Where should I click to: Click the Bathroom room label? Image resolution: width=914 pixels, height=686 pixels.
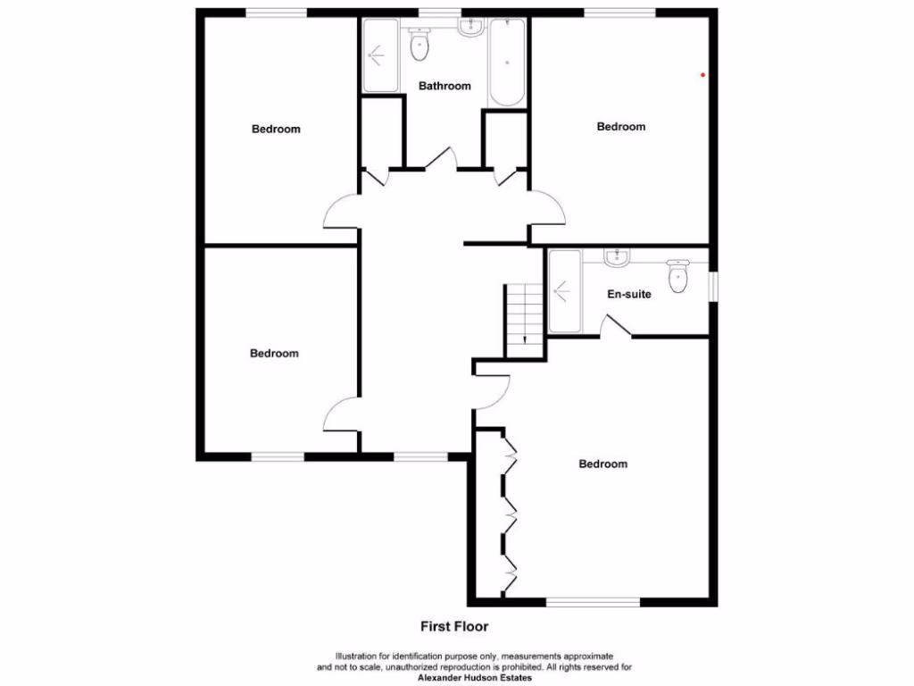point(445,86)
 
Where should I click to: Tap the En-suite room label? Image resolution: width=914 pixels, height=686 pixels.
point(629,294)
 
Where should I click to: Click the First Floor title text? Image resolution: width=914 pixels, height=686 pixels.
point(454,626)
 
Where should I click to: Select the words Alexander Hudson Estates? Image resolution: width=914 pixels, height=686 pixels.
point(475,678)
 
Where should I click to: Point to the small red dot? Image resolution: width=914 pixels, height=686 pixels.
point(703,75)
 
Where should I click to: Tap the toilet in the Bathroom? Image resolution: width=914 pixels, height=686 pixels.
point(419,44)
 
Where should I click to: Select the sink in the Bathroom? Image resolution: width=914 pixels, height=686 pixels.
point(469,28)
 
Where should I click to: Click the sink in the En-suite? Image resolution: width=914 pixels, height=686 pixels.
point(617,258)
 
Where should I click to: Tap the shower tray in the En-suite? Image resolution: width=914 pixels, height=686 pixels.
point(564,290)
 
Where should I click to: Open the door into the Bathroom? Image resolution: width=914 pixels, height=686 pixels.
point(442,159)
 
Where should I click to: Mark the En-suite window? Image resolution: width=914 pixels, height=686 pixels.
point(713,286)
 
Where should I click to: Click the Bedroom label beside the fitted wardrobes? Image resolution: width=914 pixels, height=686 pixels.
point(602,464)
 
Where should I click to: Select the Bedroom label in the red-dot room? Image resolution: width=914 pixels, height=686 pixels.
point(620,127)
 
